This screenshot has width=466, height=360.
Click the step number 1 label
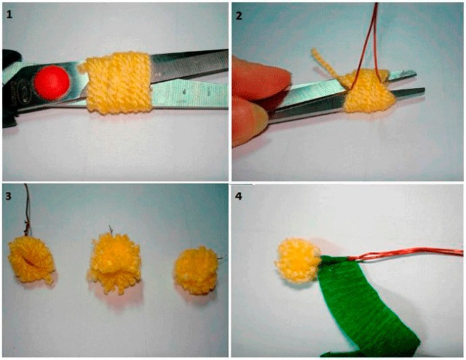tap(9, 14)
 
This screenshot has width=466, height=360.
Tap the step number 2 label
tap(239, 16)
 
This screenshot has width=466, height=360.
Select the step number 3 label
tap(9, 196)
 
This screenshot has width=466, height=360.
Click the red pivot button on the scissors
tap(52, 82)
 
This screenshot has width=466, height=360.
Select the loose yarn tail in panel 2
tap(327, 66)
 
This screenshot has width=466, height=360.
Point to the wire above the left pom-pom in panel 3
tap(26, 211)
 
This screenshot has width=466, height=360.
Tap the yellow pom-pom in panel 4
tap(297, 260)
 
